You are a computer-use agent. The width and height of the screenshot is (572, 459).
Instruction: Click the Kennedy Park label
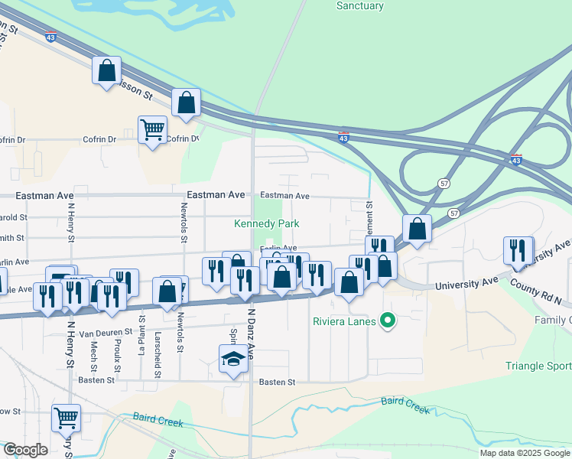(x=267, y=223)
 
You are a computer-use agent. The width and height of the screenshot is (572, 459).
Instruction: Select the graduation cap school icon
(x=233, y=359)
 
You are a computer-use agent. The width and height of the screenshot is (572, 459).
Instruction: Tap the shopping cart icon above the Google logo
(x=67, y=418)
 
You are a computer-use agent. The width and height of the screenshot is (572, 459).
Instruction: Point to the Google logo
(x=25, y=450)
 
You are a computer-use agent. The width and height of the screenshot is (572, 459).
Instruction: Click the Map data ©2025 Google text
(x=524, y=453)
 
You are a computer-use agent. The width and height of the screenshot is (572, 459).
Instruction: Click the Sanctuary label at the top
(x=359, y=6)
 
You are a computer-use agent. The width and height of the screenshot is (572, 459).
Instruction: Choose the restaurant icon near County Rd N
(x=518, y=251)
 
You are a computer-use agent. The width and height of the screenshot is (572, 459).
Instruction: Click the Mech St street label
(x=94, y=337)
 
